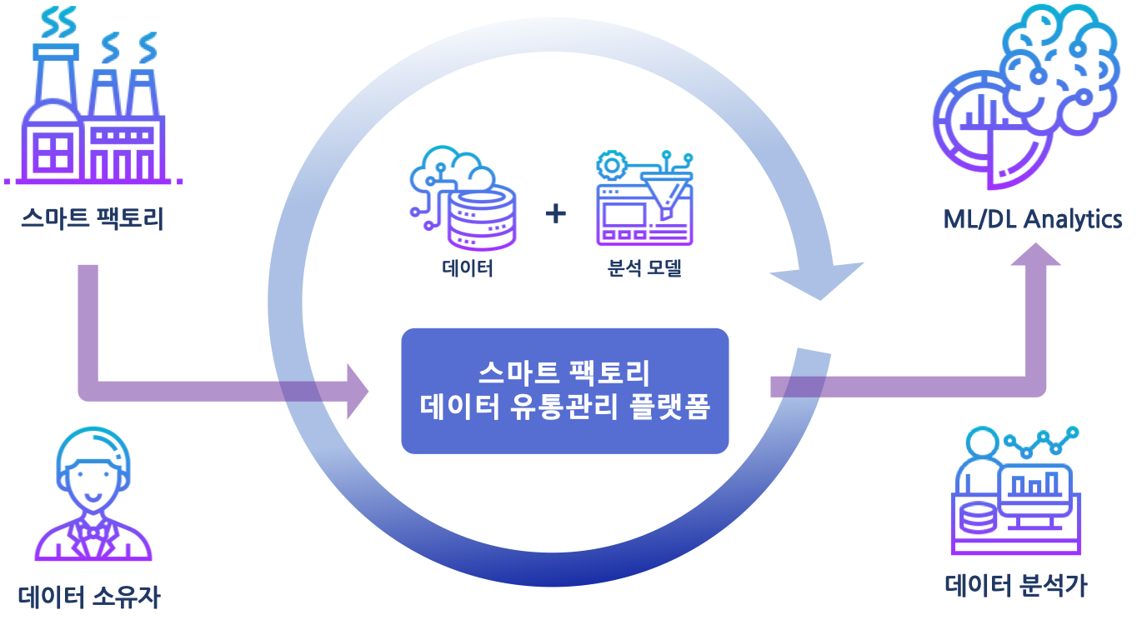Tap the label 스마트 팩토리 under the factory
93,218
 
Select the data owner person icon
93,493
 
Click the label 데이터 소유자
89,597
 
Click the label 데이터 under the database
468,268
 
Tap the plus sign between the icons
556,213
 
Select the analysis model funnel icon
645,197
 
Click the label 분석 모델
644,268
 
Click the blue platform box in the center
565,391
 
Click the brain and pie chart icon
1026,97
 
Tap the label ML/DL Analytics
1033,219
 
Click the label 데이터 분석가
1016,586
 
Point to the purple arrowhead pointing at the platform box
358,392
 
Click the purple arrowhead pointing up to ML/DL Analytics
1036,254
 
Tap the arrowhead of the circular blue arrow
819,280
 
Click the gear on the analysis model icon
611,165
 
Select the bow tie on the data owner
93,532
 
